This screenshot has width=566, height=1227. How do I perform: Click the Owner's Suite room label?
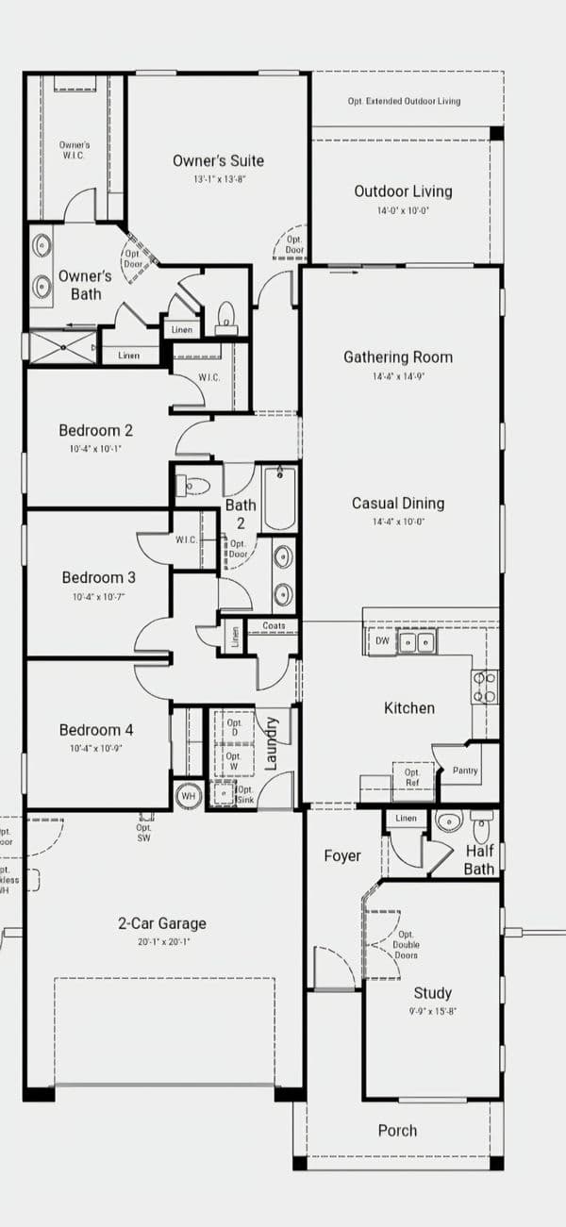pyautogui.click(x=218, y=160)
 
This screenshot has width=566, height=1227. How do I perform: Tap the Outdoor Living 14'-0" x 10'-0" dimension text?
pyautogui.click(x=403, y=211)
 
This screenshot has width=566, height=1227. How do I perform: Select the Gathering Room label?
pyautogui.click(x=397, y=356)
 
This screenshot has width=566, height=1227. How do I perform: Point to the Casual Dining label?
pyautogui.click(x=397, y=503)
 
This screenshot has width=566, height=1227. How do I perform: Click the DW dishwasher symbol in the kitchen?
pyautogui.click(x=382, y=641)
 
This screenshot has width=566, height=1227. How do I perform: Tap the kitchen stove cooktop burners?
pyautogui.click(x=484, y=687)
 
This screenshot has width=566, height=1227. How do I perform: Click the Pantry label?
pyautogui.click(x=464, y=771)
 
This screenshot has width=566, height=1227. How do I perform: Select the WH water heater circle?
pyautogui.click(x=188, y=795)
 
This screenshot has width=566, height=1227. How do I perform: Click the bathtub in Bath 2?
pyautogui.click(x=280, y=498)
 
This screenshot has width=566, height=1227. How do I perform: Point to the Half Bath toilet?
pyautogui.click(x=481, y=827)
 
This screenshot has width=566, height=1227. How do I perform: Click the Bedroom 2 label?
pyautogui.click(x=95, y=430)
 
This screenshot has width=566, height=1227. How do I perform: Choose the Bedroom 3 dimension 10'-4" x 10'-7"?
pyautogui.click(x=98, y=597)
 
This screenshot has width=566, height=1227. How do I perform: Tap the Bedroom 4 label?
pyautogui.click(x=95, y=729)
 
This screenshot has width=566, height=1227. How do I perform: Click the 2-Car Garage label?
pyautogui.click(x=162, y=923)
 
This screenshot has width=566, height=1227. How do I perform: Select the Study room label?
pyautogui.click(x=432, y=992)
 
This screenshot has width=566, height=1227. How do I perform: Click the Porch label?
pyautogui.click(x=397, y=1130)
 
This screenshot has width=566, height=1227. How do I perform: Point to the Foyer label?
pyautogui.click(x=341, y=855)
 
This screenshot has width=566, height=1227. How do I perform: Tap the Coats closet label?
pyautogui.click(x=274, y=625)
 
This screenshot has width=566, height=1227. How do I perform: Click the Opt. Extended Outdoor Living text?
pyautogui.click(x=404, y=101)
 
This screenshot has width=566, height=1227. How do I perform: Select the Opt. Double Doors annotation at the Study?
pyautogui.click(x=407, y=944)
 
